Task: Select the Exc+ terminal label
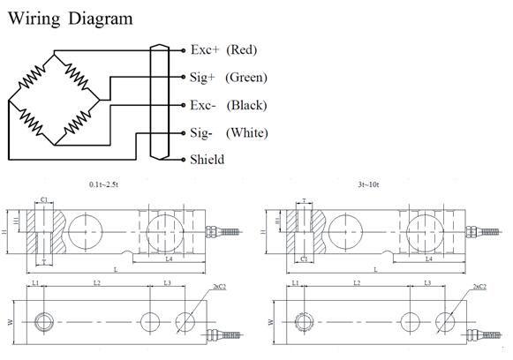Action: click(204, 49)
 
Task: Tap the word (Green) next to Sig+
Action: click(246, 78)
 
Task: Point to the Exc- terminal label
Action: click(203, 105)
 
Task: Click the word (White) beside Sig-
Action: click(246, 132)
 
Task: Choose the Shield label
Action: click(207, 160)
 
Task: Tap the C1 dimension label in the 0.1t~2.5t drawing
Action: click(44, 200)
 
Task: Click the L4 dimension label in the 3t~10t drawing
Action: click(428, 259)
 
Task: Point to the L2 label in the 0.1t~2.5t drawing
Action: click(97, 282)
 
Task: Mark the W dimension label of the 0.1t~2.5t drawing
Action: click(11, 323)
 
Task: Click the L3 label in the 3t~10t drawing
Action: click(427, 282)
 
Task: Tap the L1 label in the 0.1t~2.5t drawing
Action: click(36, 282)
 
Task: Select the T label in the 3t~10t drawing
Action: click(304, 200)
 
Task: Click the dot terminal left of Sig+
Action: click(183, 78)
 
